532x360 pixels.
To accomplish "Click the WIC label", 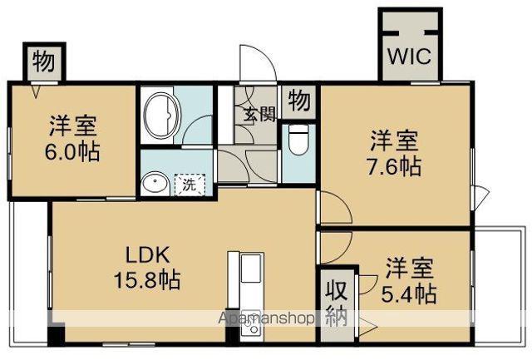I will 407,58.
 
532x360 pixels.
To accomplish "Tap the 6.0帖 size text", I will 71,154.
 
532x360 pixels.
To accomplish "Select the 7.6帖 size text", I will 396,165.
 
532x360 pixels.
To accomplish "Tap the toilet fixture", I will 298,142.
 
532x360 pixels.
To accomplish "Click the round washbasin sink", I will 153,184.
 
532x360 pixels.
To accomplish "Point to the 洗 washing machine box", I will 190,185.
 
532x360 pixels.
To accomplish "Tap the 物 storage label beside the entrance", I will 299,101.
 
